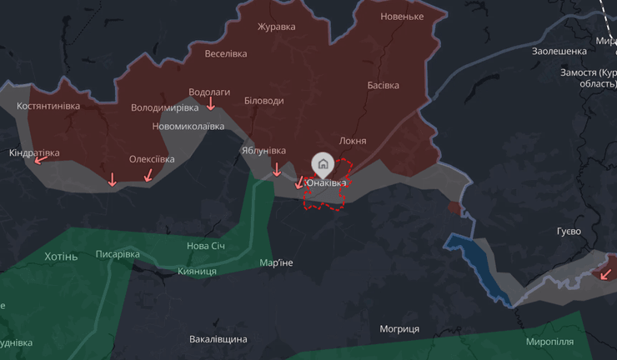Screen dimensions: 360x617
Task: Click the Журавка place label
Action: [x=276, y=27]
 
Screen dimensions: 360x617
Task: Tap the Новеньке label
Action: [x=402, y=17]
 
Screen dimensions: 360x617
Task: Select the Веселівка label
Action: [x=226, y=54]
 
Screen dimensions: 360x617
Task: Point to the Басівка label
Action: [x=383, y=85]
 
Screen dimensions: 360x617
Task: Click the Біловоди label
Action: [x=263, y=101]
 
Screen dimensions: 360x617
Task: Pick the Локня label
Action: [x=353, y=141]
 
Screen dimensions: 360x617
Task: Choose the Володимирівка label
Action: [x=165, y=107]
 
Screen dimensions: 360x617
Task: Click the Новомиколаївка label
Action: [x=188, y=127]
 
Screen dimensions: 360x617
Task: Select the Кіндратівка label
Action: [x=34, y=153]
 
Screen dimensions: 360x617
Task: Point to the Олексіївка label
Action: [x=152, y=159]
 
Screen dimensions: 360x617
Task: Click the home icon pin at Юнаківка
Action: [x=323, y=163]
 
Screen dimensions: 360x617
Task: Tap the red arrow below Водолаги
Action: [x=211, y=104]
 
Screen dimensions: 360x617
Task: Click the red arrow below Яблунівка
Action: [x=277, y=170]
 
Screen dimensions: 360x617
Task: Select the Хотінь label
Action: [x=61, y=257]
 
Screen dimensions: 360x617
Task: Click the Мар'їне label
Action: [x=276, y=263]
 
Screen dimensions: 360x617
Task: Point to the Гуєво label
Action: [x=569, y=231]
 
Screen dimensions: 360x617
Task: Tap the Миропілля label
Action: [x=549, y=342]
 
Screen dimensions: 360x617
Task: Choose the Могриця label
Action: [x=399, y=329]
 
